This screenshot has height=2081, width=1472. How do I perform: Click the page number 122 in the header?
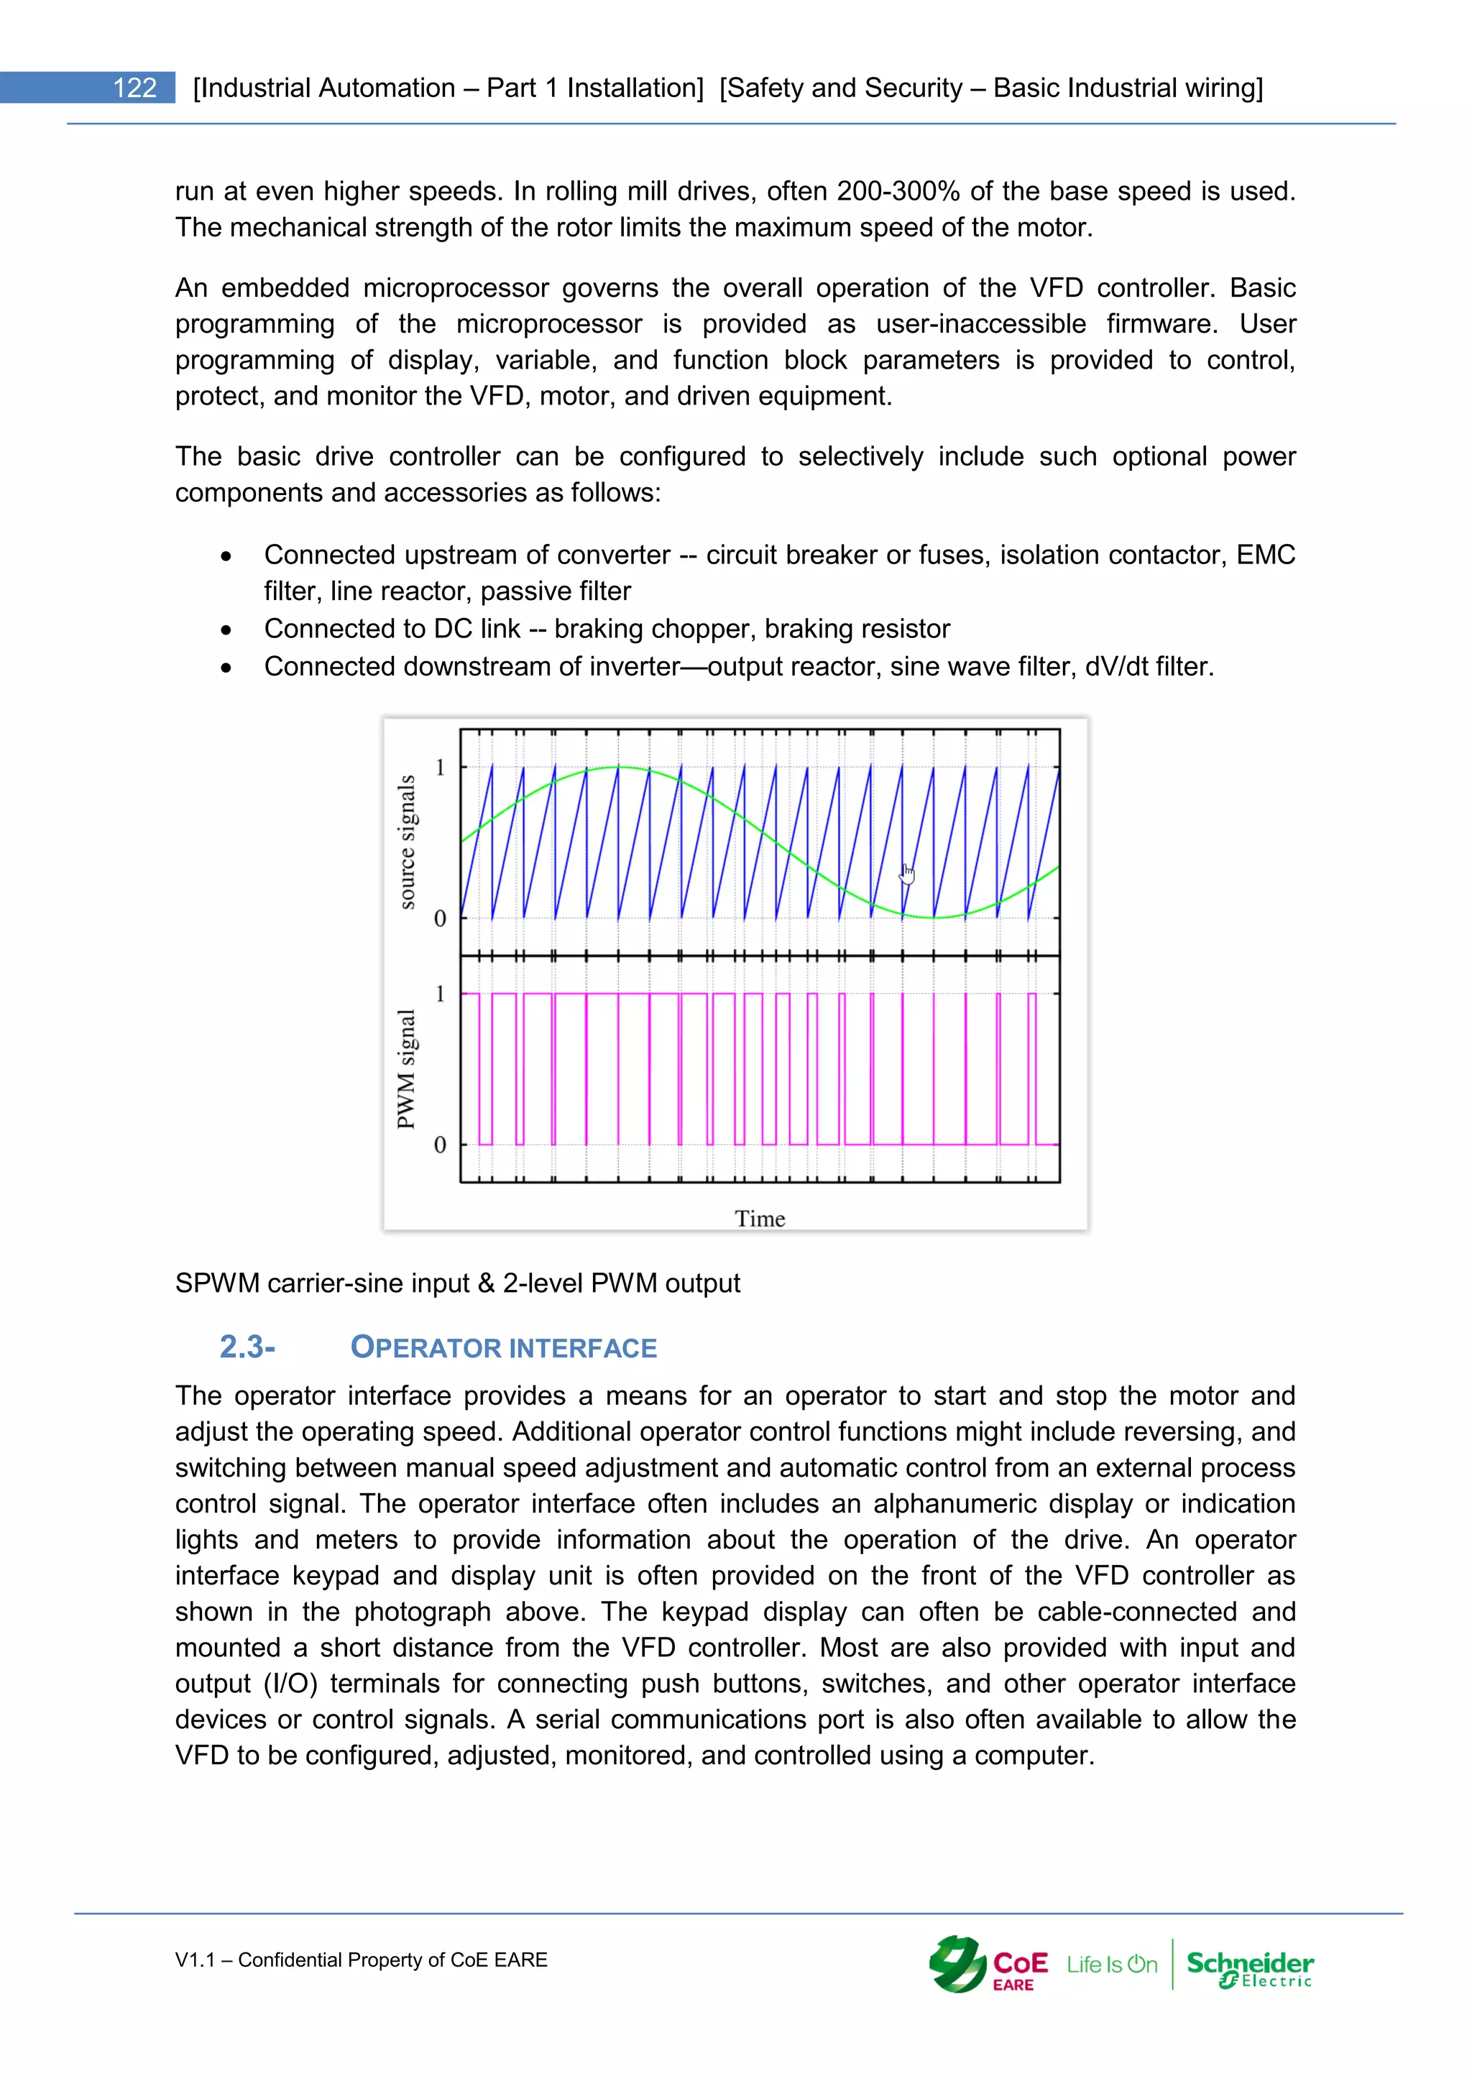[x=134, y=88]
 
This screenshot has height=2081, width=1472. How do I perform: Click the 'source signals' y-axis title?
[x=408, y=842]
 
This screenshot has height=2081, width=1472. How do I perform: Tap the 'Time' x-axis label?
[x=760, y=1219]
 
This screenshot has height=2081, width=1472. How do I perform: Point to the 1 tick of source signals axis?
[x=441, y=767]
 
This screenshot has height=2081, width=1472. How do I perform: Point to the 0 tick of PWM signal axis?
[x=441, y=1145]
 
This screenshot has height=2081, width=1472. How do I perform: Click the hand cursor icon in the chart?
[x=907, y=874]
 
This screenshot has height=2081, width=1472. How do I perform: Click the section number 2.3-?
[x=247, y=1347]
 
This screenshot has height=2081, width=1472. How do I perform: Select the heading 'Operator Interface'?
[x=503, y=1348]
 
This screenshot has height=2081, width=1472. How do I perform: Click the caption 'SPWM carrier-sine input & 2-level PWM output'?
[x=457, y=1283]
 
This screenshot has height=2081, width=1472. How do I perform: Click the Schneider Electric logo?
[x=1249, y=1967]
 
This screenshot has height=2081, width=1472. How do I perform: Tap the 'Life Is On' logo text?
[x=1111, y=1964]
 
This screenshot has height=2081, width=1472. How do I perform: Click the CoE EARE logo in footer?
[x=988, y=1964]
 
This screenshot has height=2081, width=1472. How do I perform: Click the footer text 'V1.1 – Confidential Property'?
[x=361, y=1960]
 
